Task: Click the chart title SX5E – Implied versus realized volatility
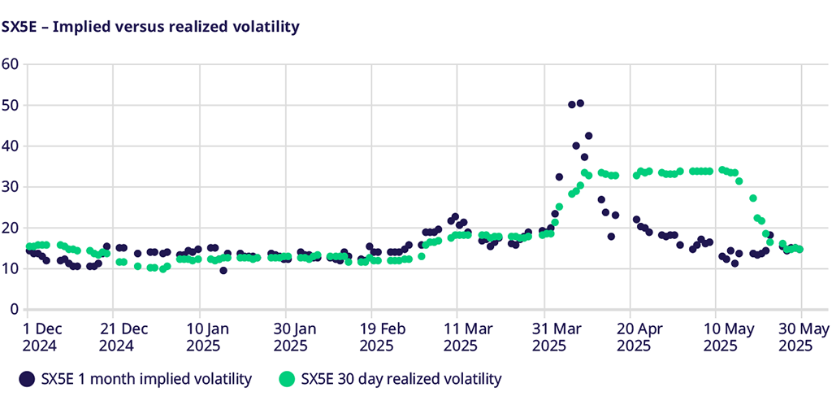point(151,27)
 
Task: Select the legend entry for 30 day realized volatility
point(401,378)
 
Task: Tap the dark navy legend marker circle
point(27,378)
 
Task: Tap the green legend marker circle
point(285,378)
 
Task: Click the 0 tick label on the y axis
point(14,309)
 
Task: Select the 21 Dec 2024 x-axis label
point(123,337)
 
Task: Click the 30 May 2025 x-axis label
point(801,337)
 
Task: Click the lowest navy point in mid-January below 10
point(223,270)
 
